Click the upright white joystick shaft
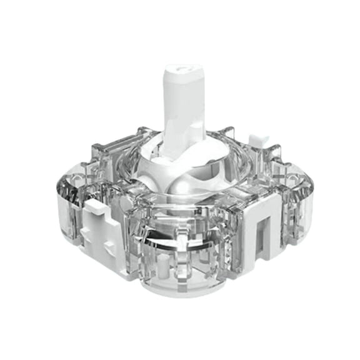(x=184, y=106)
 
